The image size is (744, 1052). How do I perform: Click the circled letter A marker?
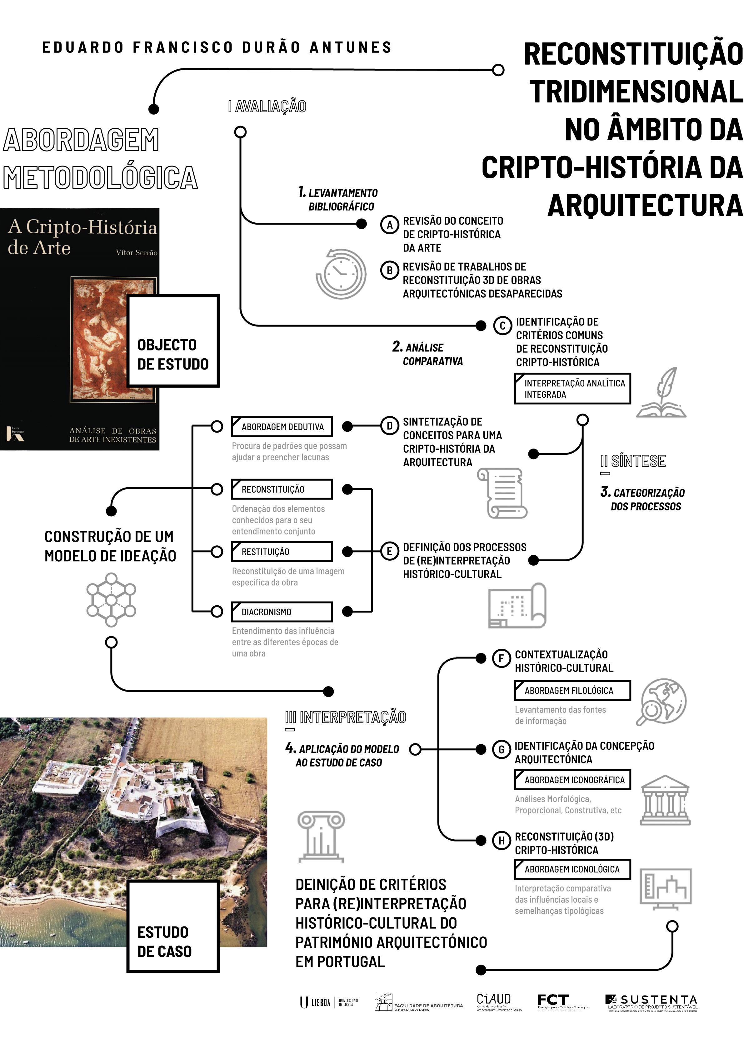390,225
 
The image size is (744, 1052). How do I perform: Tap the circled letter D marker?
390,426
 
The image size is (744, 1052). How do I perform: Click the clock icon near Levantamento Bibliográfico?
341,274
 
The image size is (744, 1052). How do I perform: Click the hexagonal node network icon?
111,600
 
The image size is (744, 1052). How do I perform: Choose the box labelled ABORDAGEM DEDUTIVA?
282,427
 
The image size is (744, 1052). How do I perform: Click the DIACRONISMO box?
282,612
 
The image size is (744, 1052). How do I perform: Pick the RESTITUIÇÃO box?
282,552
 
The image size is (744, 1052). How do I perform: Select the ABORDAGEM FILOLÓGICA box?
572,691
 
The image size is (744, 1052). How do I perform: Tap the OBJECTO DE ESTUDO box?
173,341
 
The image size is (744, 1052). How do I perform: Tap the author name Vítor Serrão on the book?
137,252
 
